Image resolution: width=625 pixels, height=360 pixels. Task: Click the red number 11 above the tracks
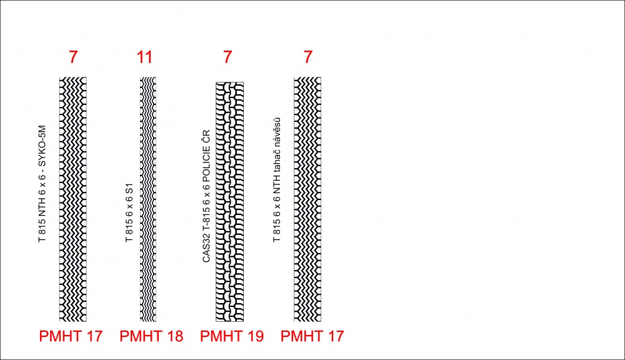point(145,57)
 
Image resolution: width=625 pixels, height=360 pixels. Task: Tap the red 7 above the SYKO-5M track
point(73,57)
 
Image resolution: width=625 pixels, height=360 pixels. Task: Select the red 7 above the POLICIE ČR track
point(227,57)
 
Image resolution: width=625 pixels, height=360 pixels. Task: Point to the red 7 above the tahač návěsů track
point(307,57)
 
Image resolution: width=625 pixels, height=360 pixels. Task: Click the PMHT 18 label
point(151,336)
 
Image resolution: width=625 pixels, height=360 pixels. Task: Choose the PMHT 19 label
point(232,336)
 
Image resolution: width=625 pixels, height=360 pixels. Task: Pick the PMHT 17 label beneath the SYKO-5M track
point(71,336)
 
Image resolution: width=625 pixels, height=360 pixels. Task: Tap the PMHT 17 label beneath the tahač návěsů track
point(312,336)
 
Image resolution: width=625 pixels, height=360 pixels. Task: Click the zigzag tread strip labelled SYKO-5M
point(73,199)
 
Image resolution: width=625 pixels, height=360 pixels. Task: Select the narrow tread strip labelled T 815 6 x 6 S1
point(148,199)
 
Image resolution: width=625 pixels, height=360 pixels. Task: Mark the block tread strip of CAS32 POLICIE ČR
point(229,202)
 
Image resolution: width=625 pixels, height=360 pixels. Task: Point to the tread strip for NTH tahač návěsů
point(307,199)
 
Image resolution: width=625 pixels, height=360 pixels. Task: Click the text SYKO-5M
point(42,146)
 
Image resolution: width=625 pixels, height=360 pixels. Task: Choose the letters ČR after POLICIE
point(206,136)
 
